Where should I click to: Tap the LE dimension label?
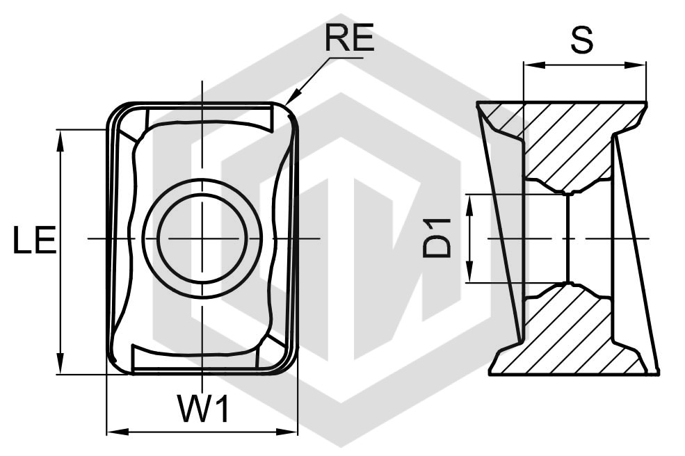pos(35,240)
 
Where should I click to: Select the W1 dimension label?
pos(202,409)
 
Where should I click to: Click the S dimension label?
pos(582,40)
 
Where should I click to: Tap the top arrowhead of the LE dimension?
pos(61,140)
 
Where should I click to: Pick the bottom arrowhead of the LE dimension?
pos(61,364)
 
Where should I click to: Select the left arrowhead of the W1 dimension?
pos(118,432)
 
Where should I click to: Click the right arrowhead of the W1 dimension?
pos(287,432)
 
